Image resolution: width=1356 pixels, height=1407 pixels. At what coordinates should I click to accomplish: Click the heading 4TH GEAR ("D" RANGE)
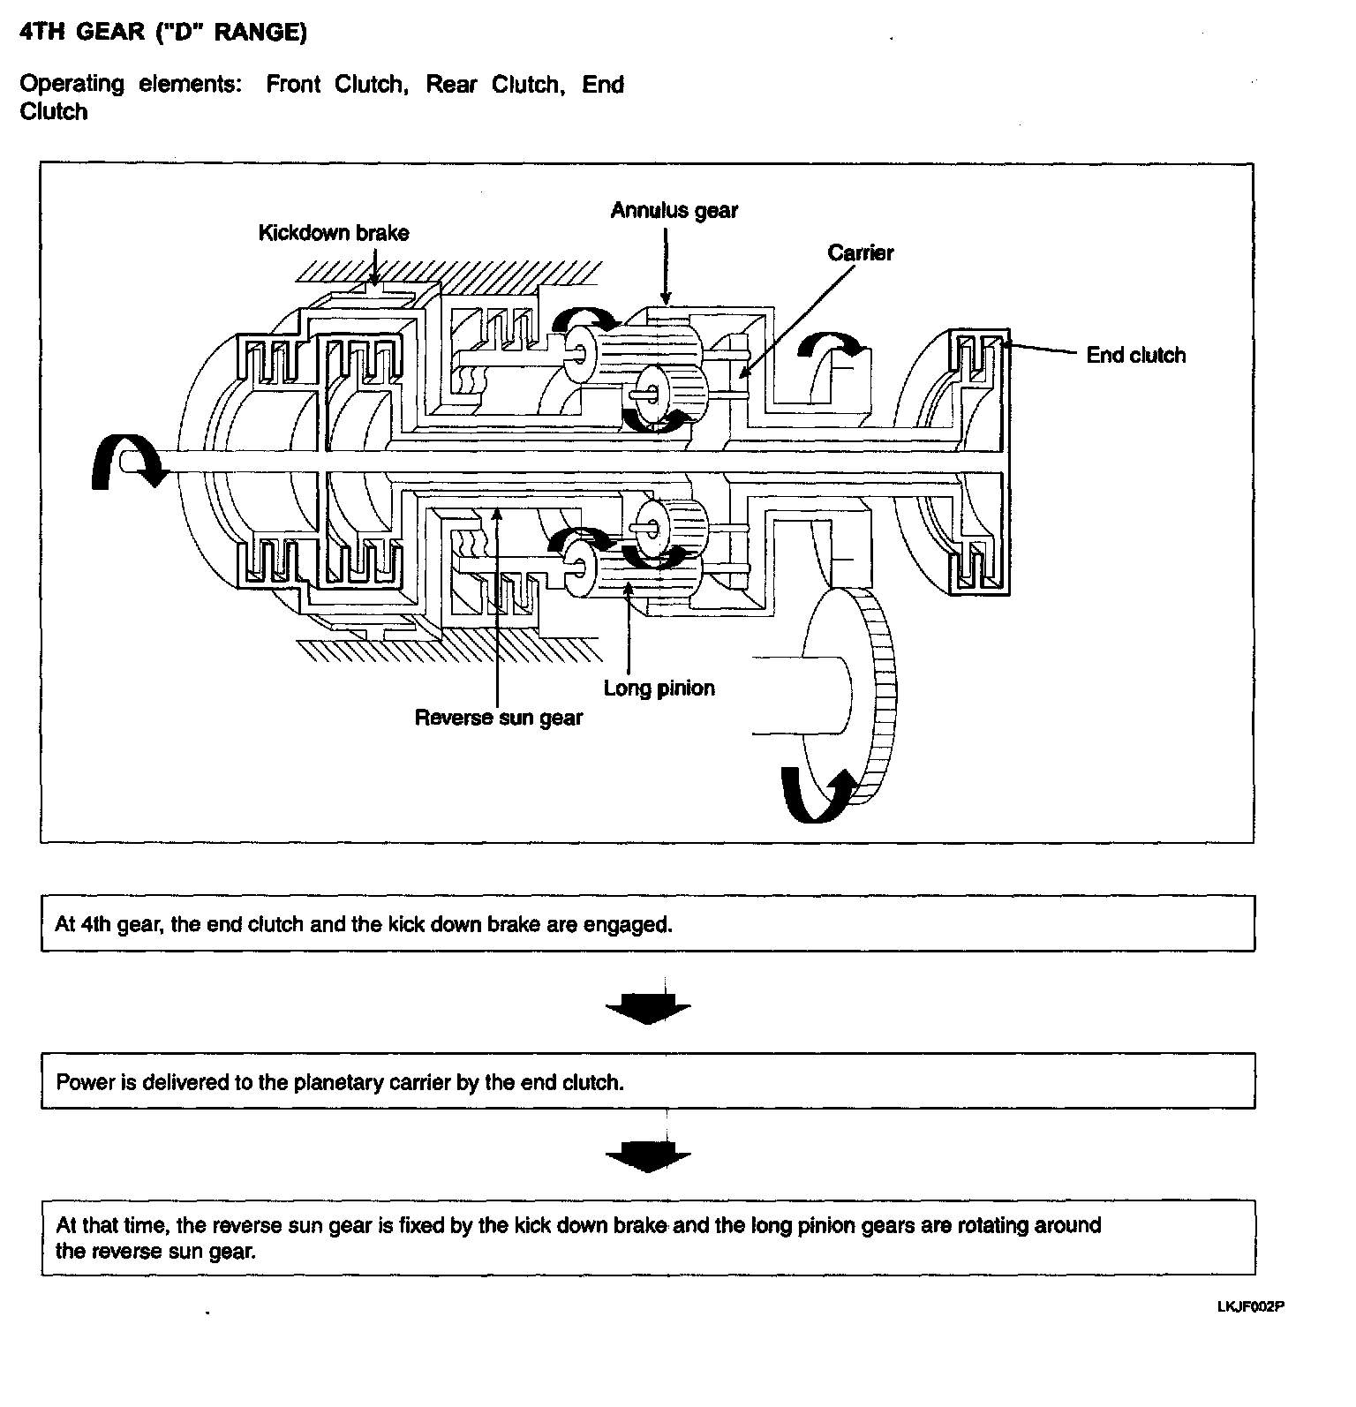163,33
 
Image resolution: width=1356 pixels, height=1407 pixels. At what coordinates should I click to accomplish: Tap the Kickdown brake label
334,233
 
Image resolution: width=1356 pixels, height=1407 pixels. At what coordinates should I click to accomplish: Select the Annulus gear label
674,210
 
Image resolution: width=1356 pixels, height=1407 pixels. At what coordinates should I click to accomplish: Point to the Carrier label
860,252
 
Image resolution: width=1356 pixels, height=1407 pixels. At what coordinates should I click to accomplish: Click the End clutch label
1135,355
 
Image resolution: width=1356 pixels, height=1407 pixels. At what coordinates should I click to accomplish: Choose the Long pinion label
659,688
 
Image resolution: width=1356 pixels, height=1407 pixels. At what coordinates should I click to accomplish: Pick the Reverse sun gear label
498,717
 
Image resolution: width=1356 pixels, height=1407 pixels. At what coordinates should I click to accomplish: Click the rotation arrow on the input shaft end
124,465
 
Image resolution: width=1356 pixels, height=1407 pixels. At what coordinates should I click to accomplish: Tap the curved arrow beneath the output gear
817,794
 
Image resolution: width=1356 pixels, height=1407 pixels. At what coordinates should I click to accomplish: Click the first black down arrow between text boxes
648,1006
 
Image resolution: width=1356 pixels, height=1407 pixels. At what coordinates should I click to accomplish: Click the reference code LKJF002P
1249,1306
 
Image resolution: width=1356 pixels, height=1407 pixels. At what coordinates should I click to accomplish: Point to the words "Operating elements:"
131,84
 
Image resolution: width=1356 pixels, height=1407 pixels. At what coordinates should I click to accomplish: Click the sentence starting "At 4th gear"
363,924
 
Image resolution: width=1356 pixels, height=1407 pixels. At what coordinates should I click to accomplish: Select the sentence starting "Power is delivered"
340,1081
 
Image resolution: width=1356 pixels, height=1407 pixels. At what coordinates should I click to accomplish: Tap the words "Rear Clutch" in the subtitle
494,84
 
